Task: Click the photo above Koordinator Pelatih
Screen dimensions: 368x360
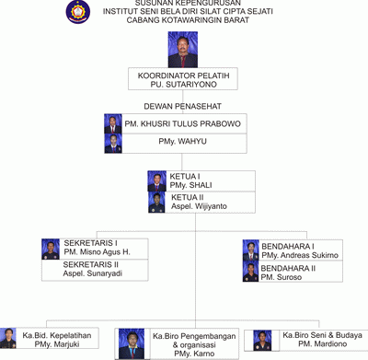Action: [183, 49]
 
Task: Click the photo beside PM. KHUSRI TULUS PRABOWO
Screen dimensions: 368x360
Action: [113, 124]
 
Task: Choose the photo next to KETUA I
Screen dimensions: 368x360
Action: [157, 180]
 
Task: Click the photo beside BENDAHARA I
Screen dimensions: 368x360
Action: [250, 250]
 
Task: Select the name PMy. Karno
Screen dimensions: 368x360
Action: [194, 354]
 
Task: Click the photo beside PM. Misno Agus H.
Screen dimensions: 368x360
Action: [51, 250]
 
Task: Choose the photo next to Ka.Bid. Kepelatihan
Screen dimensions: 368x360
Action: [9, 340]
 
